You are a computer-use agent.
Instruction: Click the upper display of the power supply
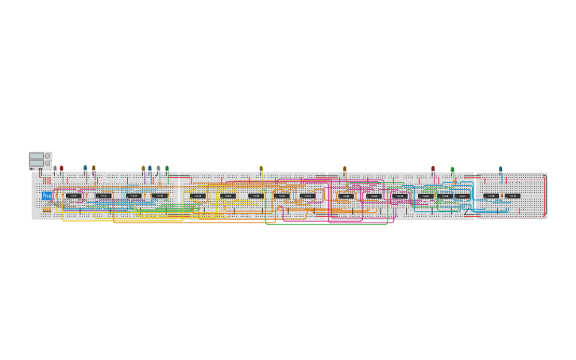tap(37, 156)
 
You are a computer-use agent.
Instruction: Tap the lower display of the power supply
tap(37, 163)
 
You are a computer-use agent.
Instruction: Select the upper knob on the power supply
tap(48, 156)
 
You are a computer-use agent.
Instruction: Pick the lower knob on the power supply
tap(48, 163)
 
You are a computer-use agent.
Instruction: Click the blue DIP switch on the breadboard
tap(47, 195)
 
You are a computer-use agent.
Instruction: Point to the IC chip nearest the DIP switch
tap(73, 195)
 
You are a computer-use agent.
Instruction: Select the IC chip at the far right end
tap(512, 195)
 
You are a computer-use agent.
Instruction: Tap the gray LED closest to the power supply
tap(55, 168)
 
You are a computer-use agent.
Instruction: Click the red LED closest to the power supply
tap(61, 168)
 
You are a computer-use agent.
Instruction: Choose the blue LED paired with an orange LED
tap(85, 168)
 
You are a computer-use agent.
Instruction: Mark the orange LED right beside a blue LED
tap(93, 168)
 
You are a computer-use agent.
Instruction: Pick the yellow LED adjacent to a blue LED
tap(143, 168)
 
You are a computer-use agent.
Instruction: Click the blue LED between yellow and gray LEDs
tap(149, 168)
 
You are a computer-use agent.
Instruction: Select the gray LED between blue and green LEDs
tap(158, 168)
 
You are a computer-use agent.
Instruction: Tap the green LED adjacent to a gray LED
tap(167, 168)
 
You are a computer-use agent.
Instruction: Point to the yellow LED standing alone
tap(261, 168)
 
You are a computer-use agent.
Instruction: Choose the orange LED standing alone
tap(344, 168)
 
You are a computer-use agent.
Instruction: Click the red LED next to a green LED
tap(433, 168)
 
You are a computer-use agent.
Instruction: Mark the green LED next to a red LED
tap(452, 168)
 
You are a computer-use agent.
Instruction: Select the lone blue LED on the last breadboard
tap(501, 168)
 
